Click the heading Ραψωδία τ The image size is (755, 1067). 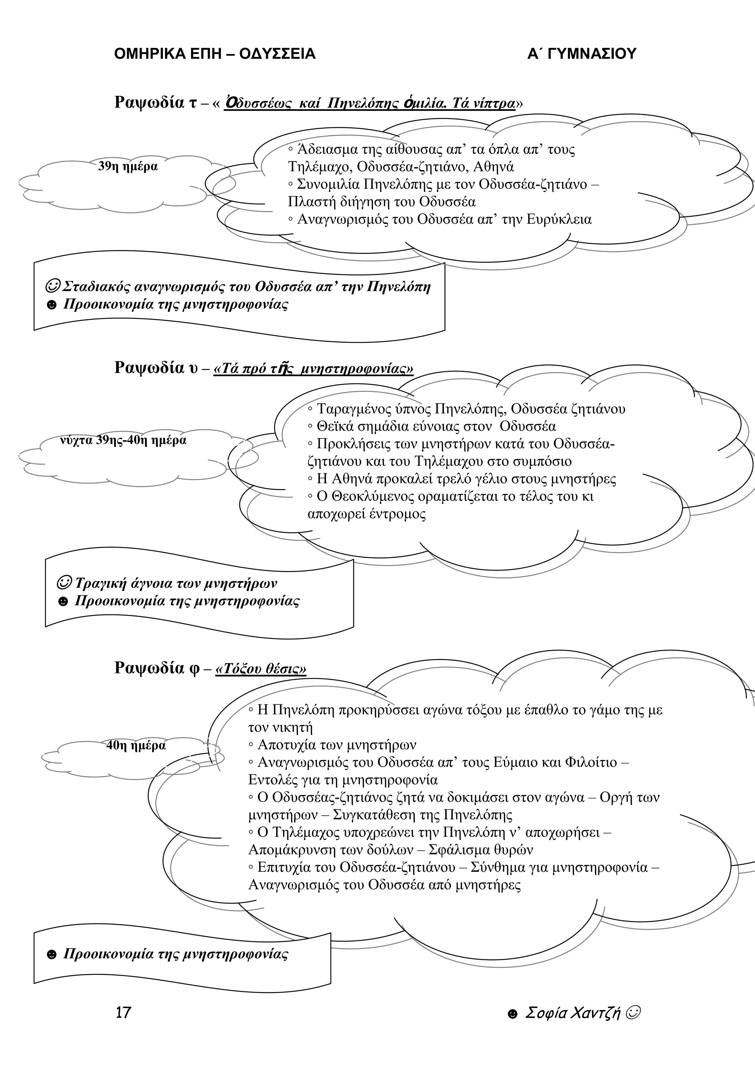(x=155, y=102)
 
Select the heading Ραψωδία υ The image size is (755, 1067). (x=156, y=368)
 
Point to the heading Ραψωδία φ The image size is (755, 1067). (x=156, y=668)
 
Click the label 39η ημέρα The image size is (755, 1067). (x=128, y=167)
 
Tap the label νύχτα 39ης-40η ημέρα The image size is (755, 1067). (x=123, y=440)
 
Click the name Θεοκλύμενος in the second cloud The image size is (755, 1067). (x=365, y=497)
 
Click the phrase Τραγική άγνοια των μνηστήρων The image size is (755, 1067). (x=176, y=583)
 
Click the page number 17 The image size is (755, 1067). (x=123, y=1012)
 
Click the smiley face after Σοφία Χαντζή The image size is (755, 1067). (x=633, y=1012)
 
